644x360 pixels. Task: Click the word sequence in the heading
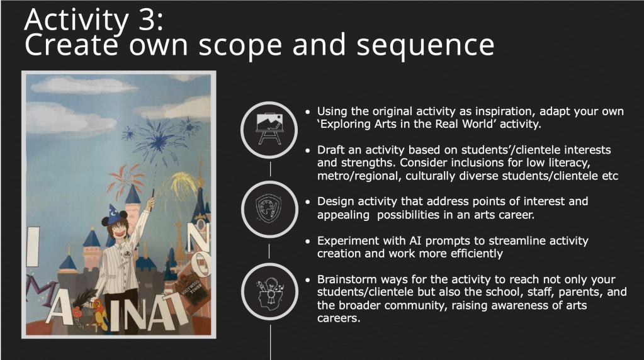(x=426, y=45)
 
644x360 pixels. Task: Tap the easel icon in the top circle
(x=269, y=129)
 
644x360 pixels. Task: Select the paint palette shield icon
(x=269, y=208)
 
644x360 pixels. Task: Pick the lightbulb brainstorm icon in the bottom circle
(x=269, y=292)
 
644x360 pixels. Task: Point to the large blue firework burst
(x=159, y=140)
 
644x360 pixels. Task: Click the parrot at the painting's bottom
(x=100, y=313)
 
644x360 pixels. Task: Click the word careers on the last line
(x=339, y=318)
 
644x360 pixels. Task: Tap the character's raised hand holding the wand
(x=150, y=203)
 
